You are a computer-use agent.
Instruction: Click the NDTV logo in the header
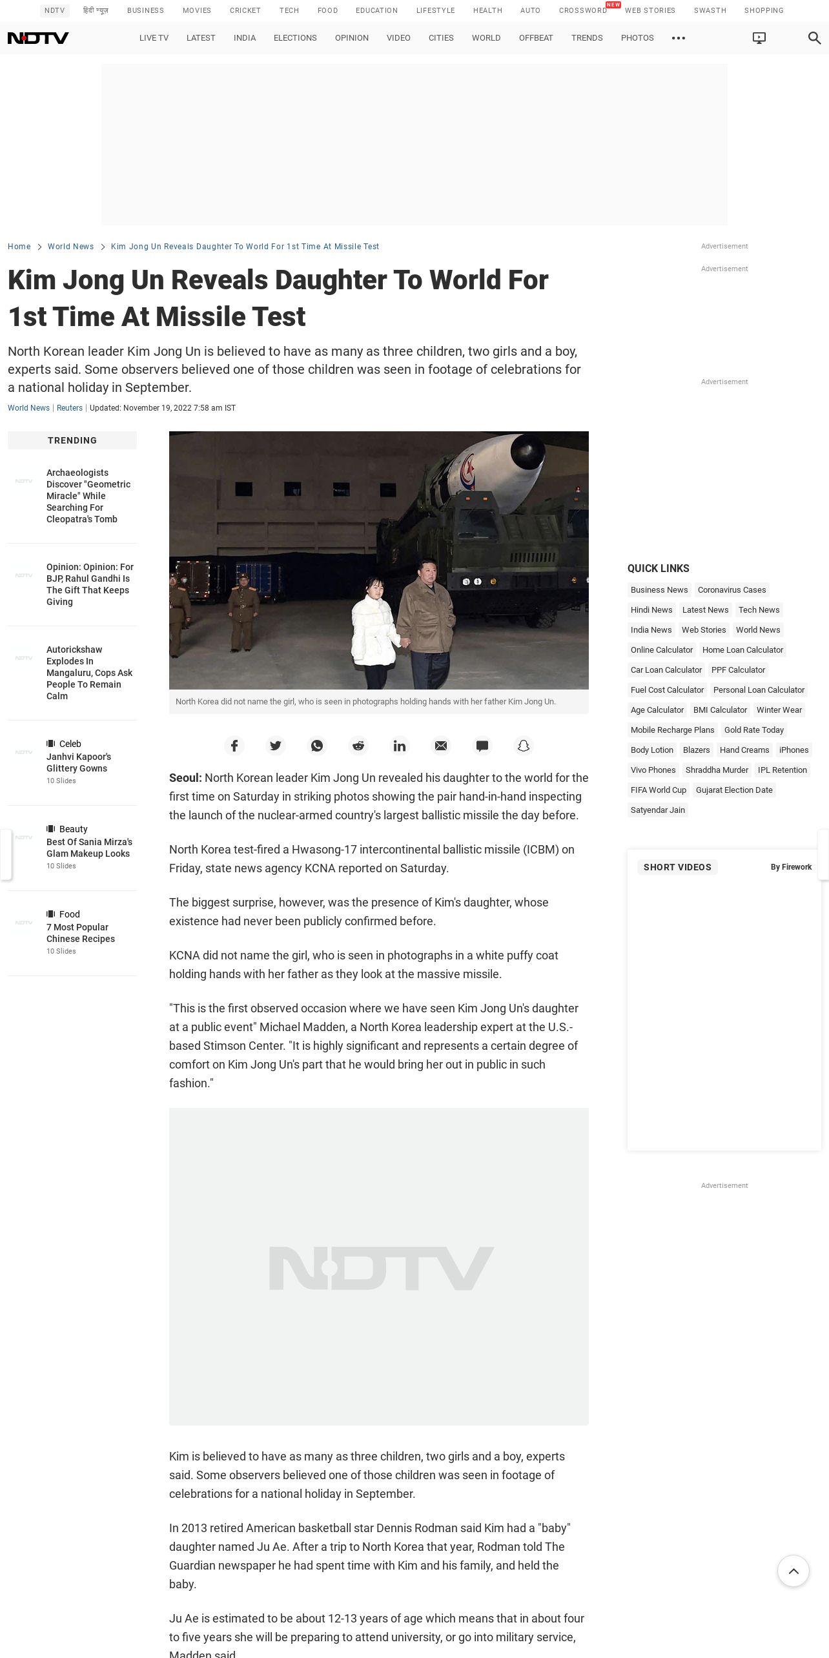pyautogui.click(x=38, y=38)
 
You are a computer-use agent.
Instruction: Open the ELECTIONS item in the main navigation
pyautogui.click(x=295, y=38)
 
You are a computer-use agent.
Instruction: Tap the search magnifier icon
pyautogui.click(x=814, y=38)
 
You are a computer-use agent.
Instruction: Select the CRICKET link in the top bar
pyautogui.click(x=245, y=10)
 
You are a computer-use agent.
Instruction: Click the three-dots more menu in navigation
pyautogui.click(x=678, y=38)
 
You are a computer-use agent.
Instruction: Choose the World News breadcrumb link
pyautogui.click(x=70, y=247)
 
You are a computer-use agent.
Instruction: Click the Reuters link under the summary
pyautogui.click(x=70, y=408)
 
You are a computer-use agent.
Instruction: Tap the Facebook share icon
pyautogui.click(x=234, y=746)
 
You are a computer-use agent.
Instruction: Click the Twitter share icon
pyautogui.click(x=276, y=746)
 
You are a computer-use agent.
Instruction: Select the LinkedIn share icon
pyautogui.click(x=400, y=746)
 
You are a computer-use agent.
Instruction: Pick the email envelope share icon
pyautogui.click(x=441, y=746)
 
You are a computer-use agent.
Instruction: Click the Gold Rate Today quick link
pyautogui.click(x=753, y=730)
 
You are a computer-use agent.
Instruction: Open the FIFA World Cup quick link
pyautogui.click(x=658, y=790)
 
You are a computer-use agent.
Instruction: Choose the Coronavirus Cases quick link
pyautogui.click(x=732, y=590)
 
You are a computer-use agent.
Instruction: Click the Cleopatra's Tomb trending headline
pyautogui.click(x=88, y=496)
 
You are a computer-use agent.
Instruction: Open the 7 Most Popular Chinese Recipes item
pyautogui.click(x=81, y=933)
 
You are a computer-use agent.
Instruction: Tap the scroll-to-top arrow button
pyautogui.click(x=793, y=1571)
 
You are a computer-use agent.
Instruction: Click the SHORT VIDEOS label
pyautogui.click(x=677, y=867)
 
